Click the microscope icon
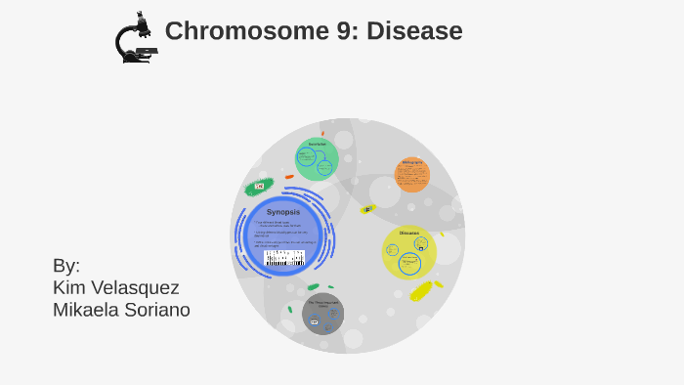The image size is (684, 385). [135, 39]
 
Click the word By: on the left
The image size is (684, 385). [66, 266]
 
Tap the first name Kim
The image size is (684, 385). [69, 287]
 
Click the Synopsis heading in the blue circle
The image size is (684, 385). [283, 212]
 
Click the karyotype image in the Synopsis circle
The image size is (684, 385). [284, 258]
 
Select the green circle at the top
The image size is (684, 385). [317, 159]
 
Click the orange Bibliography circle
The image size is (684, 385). [412, 175]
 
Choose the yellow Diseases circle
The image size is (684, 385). [408, 251]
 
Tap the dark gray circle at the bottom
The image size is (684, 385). [322, 313]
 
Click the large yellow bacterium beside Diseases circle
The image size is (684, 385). [421, 290]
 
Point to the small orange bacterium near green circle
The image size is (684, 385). [289, 177]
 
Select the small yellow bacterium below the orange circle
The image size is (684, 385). [367, 209]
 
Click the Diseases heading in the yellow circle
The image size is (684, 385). [408, 233]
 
